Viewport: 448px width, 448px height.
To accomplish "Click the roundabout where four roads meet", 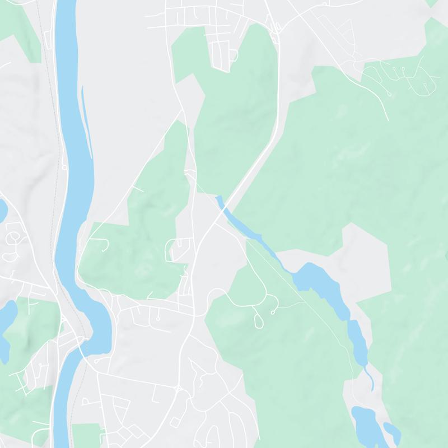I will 178,388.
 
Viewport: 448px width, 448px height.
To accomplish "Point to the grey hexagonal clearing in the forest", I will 364,258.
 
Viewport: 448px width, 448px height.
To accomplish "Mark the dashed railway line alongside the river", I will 56,140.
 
